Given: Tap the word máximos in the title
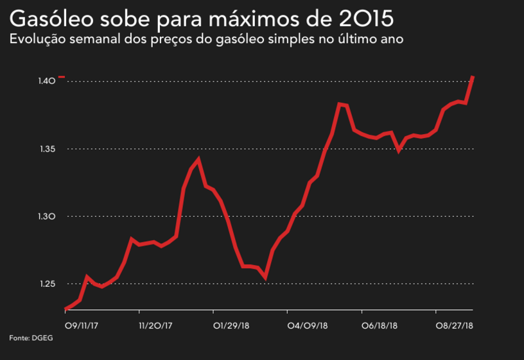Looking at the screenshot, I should tap(250, 17).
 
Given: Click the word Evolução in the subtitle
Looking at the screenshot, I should tap(36, 40).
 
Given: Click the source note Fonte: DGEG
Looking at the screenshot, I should tap(31, 338).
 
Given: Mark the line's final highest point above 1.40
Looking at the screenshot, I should tap(473, 78).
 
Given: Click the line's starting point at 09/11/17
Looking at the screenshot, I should tap(66, 309).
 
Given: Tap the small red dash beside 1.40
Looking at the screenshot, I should tap(62, 77).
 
